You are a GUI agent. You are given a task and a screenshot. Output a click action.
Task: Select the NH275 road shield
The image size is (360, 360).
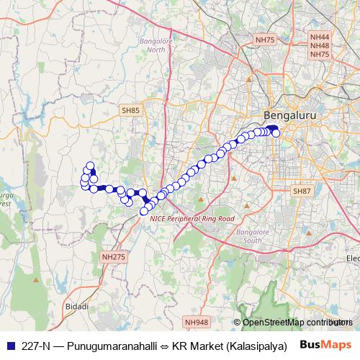pyautogui.click(x=113, y=256)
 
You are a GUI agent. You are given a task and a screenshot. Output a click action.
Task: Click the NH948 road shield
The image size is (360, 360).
pyautogui.click(x=196, y=323)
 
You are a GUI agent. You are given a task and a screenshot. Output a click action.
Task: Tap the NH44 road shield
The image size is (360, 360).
pyautogui.click(x=319, y=36)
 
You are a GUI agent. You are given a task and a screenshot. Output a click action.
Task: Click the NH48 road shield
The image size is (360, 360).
pyautogui.click(x=319, y=45)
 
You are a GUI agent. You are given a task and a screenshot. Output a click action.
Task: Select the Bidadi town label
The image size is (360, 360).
pyautogui.click(x=76, y=307)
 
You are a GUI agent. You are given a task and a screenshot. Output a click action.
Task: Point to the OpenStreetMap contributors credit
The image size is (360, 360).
pyautogui.click(x=296, y=323)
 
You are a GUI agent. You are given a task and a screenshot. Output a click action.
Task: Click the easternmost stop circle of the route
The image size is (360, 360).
pyautogui.click(x=276, y=132)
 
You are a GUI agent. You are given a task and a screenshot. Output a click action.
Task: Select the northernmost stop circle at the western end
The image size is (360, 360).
pyautogui.click(x=91, y=165)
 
